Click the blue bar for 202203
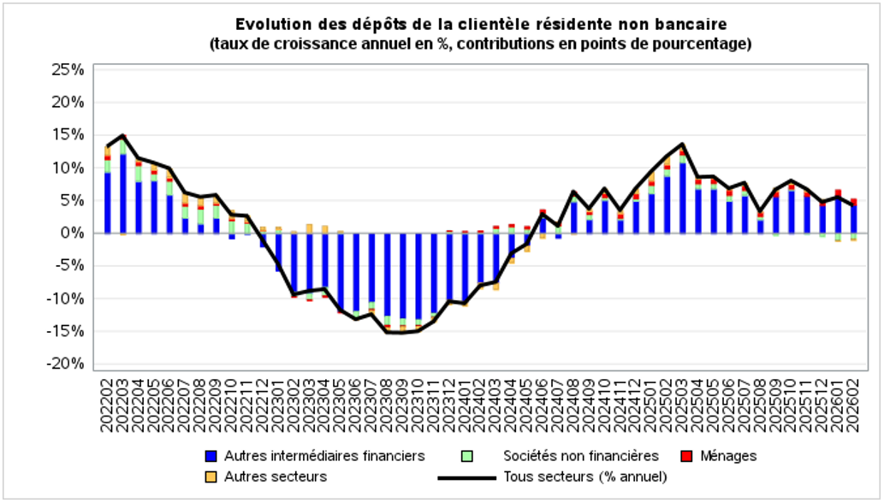click(x=123, y=193)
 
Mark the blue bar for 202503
click(x=682, y=198)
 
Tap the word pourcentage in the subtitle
click(x=697, y=43)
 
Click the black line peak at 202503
click(x=682, y=144)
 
